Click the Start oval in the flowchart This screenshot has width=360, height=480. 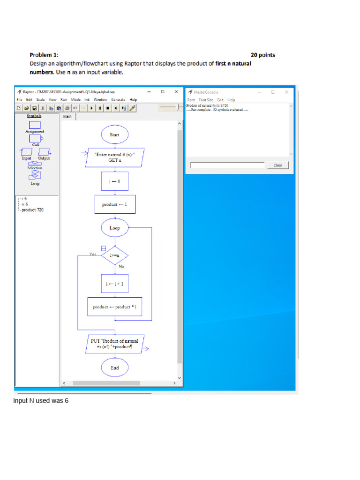[114, 135]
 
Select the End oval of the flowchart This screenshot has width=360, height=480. [114, 368]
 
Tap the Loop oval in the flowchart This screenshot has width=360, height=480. [114, 228]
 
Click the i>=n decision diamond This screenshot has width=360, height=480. [114, 255]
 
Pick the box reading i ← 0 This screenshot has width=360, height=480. [114, 181]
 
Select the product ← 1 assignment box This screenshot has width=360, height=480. [114, 204]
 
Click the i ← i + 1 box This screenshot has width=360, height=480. [114, 284]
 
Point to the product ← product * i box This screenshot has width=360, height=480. [114, 307]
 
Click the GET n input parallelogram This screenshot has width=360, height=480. [115, 157]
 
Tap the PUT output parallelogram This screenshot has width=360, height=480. [115, 344]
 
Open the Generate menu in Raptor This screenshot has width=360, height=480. [118, 100]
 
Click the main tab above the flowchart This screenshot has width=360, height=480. [67, 116]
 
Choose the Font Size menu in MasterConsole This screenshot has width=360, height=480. [206, 100]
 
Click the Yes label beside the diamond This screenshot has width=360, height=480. [93, 254]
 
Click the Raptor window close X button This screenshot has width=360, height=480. [176, 92]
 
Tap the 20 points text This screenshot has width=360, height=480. [263, 55]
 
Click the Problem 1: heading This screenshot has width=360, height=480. [44, 55]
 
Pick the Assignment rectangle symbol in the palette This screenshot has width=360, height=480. [35, 125]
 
